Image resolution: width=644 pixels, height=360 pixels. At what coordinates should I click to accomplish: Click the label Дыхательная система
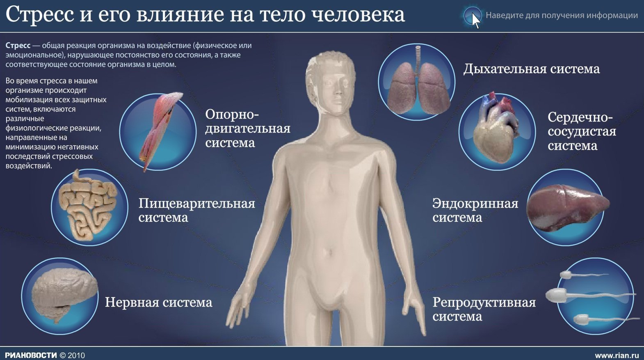pos(531,69)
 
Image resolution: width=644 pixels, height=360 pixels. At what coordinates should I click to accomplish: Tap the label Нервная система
pos(158,302)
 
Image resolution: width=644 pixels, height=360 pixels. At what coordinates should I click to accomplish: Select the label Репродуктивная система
pos(484,309)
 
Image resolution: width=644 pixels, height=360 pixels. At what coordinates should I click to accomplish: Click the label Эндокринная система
pos(475,210)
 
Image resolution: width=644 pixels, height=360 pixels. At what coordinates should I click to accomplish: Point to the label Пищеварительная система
pos(196,210)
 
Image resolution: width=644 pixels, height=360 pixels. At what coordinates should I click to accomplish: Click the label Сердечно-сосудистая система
pos(582,131)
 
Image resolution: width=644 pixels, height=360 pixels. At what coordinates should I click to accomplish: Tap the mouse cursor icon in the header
pos(476,21)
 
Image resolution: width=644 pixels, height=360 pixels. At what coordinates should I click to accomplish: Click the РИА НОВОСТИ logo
pos(31,355)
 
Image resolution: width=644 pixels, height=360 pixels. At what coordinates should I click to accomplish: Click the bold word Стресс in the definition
pos(18,46)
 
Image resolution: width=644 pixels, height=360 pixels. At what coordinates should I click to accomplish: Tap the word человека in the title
pos(358,14)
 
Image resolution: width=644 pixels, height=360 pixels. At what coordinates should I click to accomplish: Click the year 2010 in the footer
pos(76,355)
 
